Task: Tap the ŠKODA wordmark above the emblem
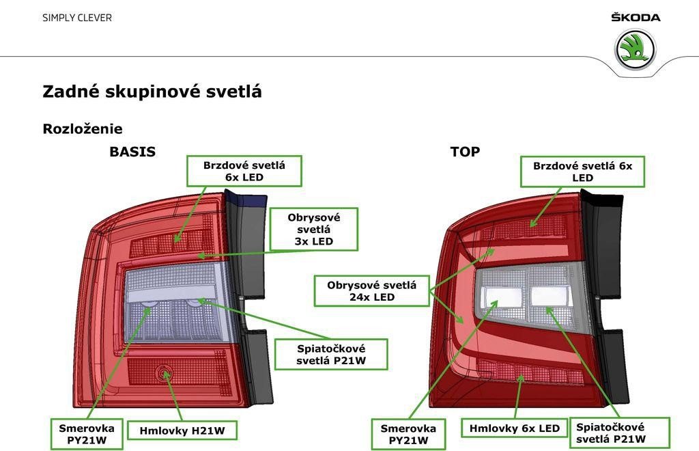pos(636,17)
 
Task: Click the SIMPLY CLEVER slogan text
pos(77,18)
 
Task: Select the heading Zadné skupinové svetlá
pos(152,92)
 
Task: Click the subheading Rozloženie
pos(83,129)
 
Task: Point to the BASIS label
pos(132,152)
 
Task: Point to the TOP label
pos(465,152)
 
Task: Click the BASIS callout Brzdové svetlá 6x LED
pos(244,171)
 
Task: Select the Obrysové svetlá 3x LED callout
pos(314,229)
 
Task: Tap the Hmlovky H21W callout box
pos(182,430)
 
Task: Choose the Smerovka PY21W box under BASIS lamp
pos(87,434)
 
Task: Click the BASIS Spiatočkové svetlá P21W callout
pos(331,354)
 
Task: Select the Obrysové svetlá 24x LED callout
pos(372,291)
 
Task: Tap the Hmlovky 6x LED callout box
pos(514,428)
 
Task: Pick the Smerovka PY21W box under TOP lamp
pos(408,434)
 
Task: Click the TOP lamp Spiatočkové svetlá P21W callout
pos(619,433)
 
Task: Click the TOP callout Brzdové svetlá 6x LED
pos(583,172)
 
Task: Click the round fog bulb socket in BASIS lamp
pos(164,373)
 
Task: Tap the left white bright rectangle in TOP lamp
pos(503,296)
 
